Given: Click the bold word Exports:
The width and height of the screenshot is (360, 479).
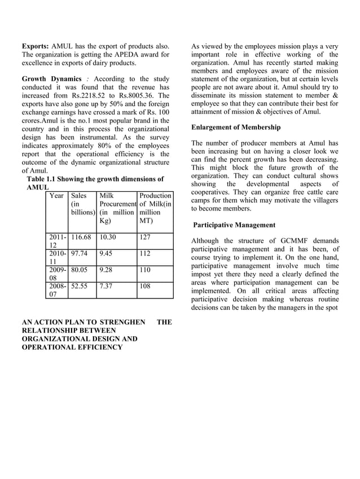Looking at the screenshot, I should [36, 45].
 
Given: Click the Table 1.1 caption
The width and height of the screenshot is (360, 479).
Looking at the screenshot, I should [95, 179].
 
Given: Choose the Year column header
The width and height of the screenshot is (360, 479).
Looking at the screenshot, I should [56, 195].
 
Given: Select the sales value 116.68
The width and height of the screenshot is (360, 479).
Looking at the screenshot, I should [81, 238].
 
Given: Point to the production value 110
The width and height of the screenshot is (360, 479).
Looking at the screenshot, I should [146, 270].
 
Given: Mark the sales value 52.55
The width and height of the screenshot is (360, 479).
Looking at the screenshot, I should [80, 285].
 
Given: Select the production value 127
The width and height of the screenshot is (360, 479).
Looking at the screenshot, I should [146, 238].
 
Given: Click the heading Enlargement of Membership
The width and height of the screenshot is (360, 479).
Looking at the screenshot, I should [236, 128].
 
